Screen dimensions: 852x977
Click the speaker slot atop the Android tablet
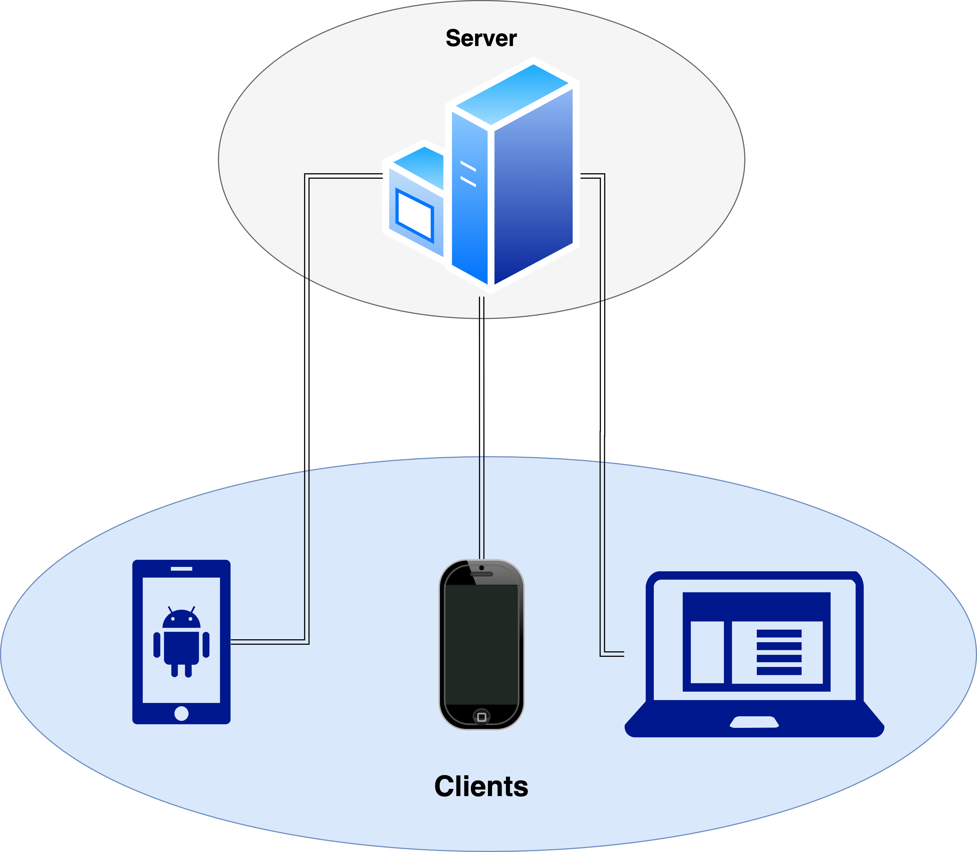181,569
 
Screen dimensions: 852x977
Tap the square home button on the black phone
481,717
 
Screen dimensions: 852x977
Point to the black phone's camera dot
482,568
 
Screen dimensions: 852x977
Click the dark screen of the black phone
481,644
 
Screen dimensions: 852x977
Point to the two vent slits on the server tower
468,174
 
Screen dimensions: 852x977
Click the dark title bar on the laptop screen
756,606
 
